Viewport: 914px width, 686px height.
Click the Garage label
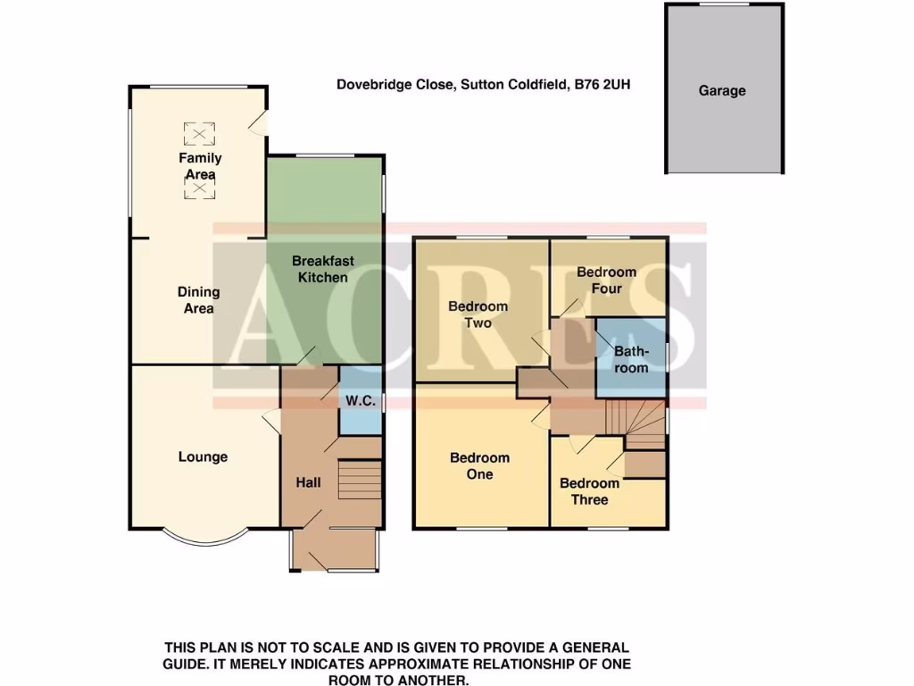722,90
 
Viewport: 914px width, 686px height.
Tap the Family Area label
200,166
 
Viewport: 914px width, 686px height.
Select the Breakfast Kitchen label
323,269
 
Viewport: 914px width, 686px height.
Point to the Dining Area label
198,300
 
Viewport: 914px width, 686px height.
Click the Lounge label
203,456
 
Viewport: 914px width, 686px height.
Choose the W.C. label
360,402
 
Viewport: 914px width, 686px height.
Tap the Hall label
309,483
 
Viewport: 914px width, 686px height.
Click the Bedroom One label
479,465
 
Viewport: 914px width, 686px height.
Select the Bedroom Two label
478,314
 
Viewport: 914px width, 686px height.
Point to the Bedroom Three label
589,491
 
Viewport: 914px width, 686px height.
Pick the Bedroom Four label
606,280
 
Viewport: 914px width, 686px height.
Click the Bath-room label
631,359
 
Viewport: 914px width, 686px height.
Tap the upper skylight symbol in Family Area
199,135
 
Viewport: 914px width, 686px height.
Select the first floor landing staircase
636,423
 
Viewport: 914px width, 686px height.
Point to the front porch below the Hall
335,549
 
